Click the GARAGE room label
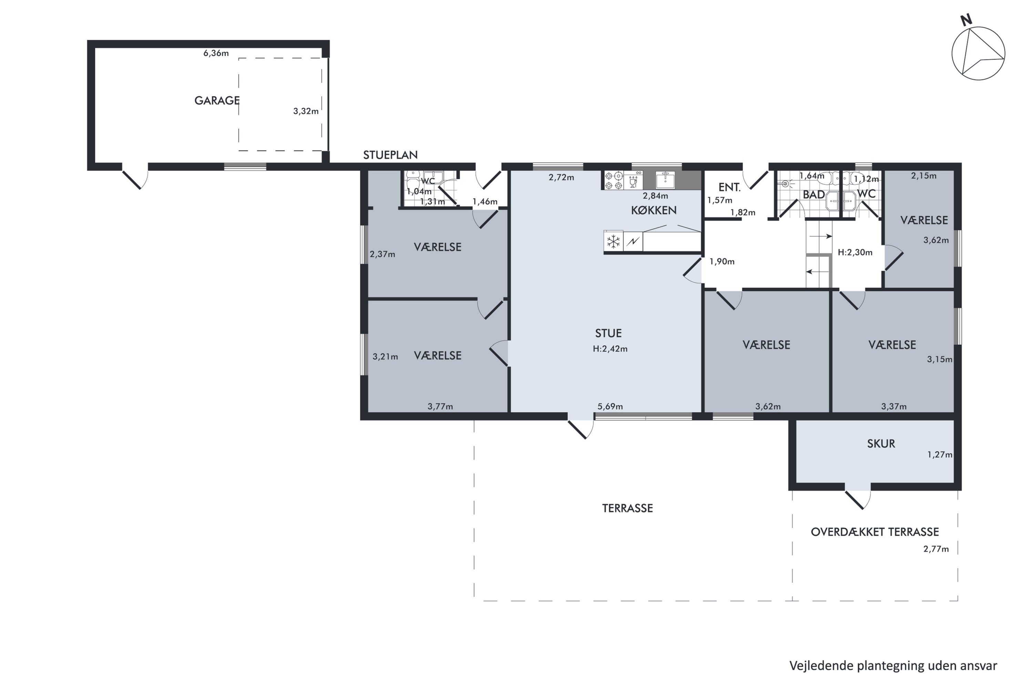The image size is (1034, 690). (x=217, y=101)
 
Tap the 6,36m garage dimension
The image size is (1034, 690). (x=216, y=53)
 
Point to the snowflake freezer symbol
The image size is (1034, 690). (x=613, y=241)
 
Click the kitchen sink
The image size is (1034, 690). (x=665, y=180)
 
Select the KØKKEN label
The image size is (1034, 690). (x=654, y=210)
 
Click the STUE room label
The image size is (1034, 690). (x=608, y=333)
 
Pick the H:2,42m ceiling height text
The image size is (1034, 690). (x=610, y=349)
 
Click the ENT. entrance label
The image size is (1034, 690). (x=729, y=187)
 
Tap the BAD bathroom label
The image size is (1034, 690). (x=814, y=195)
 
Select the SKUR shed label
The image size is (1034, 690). (x=881, y=444)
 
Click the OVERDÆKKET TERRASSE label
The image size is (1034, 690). (x=875, y=532)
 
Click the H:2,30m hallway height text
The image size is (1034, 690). (x=855, y=253)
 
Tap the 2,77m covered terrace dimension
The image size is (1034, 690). (x=936, y=549)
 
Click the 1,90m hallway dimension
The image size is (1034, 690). (x=722, y=262)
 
